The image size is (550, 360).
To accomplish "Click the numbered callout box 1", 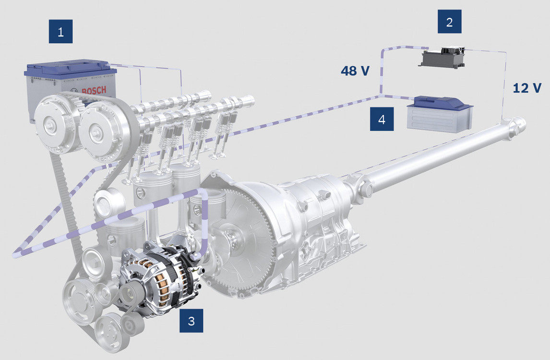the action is [60, 32].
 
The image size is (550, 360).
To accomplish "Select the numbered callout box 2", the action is [449, 22].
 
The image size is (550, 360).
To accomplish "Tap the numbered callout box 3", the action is [191, 320].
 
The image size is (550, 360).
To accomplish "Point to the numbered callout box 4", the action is [382, 120].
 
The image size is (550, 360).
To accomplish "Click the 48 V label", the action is [355, 71].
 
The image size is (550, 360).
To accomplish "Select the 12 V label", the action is [527, 88].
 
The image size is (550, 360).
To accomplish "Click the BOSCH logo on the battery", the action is [94, 91].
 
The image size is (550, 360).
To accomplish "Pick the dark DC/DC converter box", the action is [442, 58].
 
